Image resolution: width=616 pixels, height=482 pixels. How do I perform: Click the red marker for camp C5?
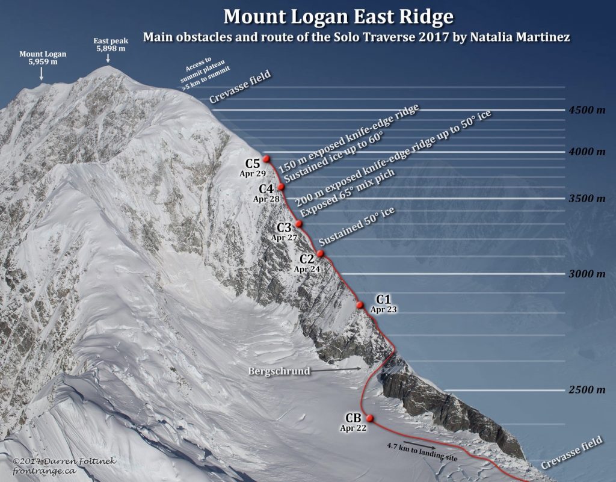click(x=266, y=158)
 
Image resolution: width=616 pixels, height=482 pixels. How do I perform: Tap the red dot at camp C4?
click(x=281, y=187)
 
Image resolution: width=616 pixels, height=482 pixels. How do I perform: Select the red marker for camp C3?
click(x=298, y=223)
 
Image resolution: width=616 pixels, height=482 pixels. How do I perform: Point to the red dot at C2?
click(x=321, y=253)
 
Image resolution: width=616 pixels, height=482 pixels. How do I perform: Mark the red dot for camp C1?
click(x=360, y=305)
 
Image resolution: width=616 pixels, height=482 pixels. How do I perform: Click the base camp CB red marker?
click(x=369, y=418)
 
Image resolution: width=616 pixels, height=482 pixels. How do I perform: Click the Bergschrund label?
click(x=279, y=371)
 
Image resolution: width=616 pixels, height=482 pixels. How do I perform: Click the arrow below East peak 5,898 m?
click(x=108, y=58)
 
